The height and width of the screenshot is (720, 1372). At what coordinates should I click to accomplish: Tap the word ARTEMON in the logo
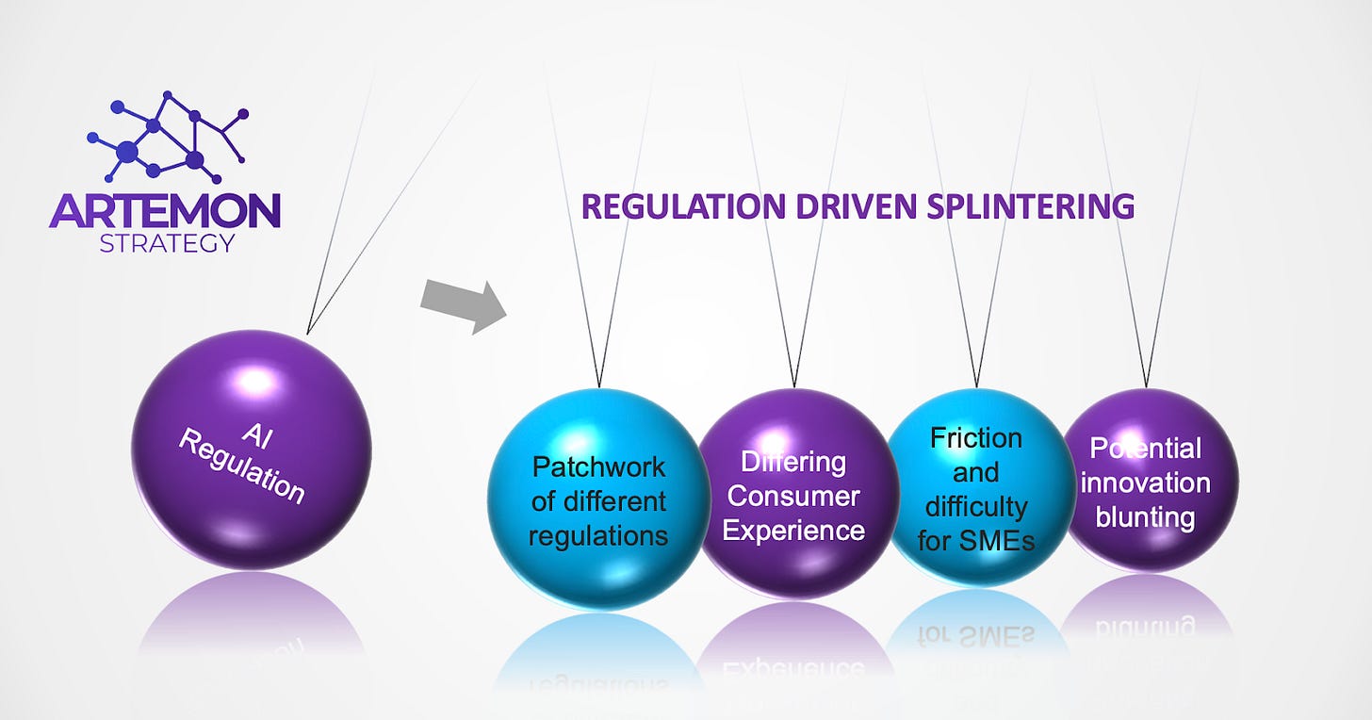[165, 210]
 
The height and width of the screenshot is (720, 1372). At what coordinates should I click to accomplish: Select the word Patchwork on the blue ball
[598, 466]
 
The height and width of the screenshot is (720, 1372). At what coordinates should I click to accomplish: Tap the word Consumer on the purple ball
[793, 496]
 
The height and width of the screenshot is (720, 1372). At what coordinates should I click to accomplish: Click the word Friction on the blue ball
[976, 438]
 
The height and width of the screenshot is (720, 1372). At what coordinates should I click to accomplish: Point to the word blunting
[1145, 517]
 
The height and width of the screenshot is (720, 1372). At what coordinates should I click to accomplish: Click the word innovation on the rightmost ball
[1145, 483]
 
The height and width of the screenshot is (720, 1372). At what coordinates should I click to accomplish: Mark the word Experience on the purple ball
[793, 530]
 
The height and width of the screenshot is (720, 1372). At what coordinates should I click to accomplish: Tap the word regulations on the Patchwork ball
[598, 536]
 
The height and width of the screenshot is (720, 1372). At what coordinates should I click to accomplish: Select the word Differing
[793, 462]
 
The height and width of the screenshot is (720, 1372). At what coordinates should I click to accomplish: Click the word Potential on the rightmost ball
[1145, 449]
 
